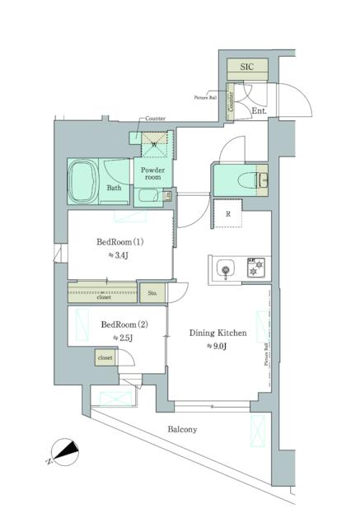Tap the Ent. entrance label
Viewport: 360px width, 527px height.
[259, 110]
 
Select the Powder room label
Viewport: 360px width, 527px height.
[151, 174]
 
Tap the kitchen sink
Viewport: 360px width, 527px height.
[226, 268]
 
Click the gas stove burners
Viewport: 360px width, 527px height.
[254, 267]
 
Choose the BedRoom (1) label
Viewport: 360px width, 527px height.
[120, 243]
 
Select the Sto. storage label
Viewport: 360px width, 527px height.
[152, 293]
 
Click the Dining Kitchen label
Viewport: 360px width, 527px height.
[218, 333]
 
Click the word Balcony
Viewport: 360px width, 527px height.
[183, 430]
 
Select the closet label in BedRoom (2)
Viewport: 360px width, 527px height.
[105, 358]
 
